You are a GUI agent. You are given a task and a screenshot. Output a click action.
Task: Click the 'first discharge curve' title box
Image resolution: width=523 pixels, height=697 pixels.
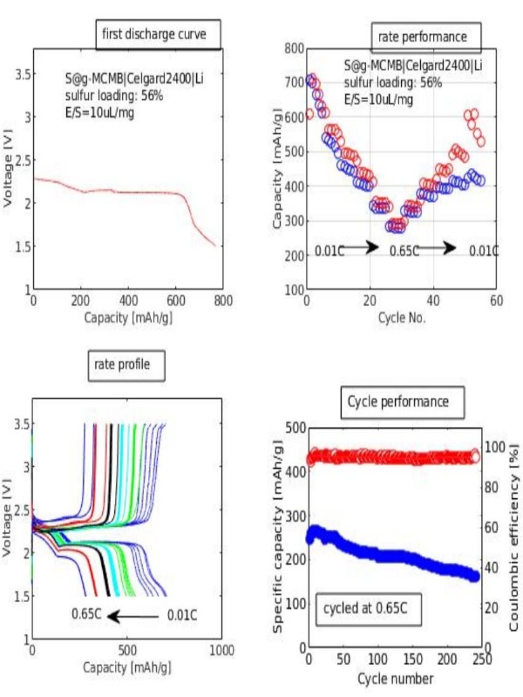pos(157,35)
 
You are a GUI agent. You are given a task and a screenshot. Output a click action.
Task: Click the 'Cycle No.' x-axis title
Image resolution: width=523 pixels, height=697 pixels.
pos(401,318)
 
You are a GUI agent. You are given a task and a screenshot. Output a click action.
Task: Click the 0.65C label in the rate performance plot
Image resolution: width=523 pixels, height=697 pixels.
pos(404,251)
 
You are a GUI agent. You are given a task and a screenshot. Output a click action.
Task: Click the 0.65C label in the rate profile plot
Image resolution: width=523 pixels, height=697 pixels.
pos(89,616)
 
